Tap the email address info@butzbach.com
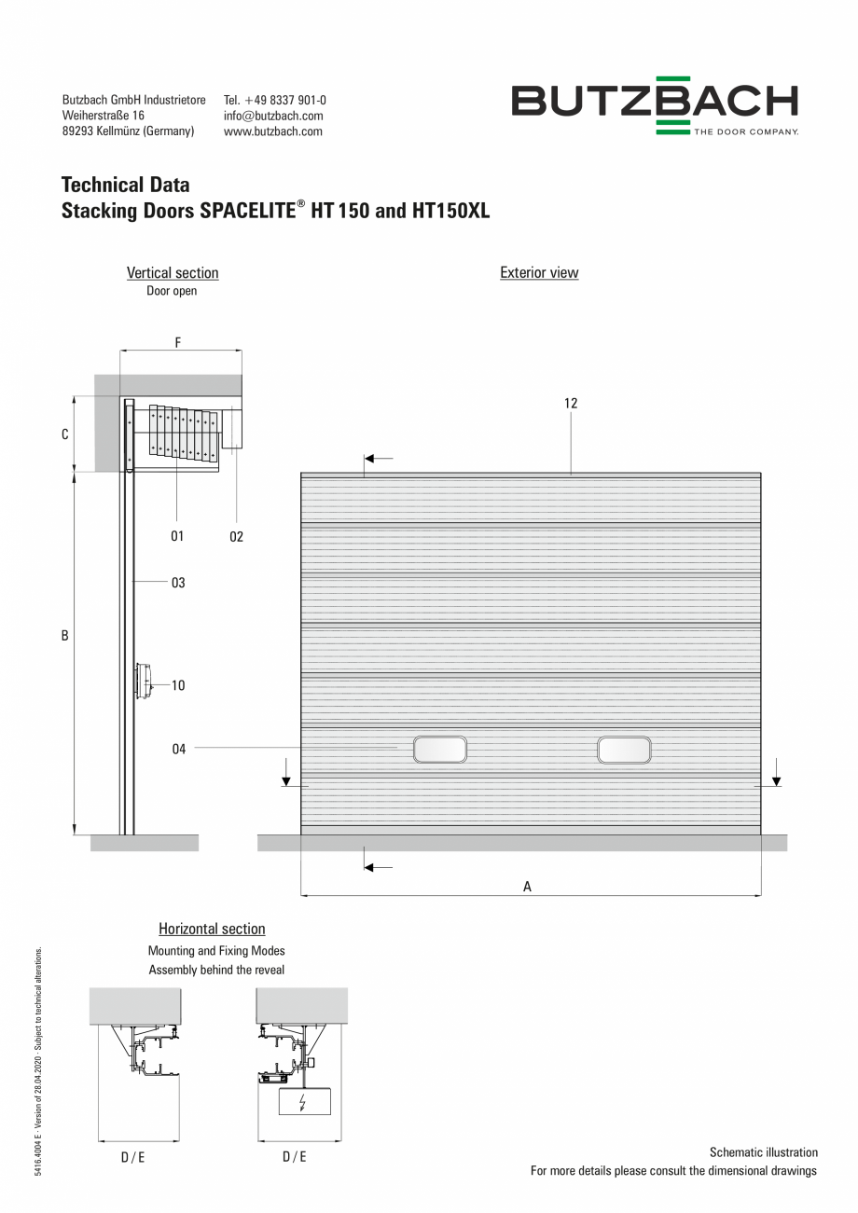point(273,116)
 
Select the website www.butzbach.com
point(273,131)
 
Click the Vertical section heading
point(173,273)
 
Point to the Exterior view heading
point(539,273)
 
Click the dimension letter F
point(178,342)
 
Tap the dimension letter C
point(65,434)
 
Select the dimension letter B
point(65,636)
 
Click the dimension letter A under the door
point(527,887)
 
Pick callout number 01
point(177,536)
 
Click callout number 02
point(236,536)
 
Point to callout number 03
point(178,583)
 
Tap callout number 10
point(178,685)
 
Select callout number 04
point(178,749)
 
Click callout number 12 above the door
point(571,404)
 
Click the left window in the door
point(440,750)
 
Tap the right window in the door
point(624,750)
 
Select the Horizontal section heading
point(212,929)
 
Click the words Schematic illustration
point(763,1152)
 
